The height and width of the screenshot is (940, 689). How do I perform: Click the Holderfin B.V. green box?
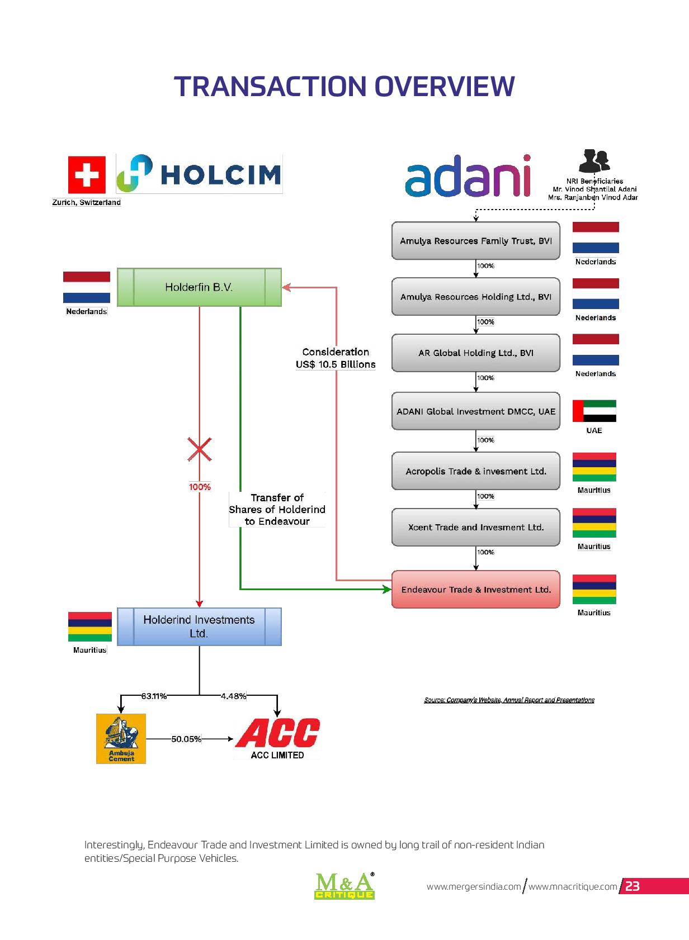click(199, 287)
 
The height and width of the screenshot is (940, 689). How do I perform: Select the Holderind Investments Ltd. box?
click(199, 626)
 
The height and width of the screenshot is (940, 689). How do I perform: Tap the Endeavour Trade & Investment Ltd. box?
click(476, 589)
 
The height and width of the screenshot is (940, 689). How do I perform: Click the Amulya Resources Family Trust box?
click(476, 241)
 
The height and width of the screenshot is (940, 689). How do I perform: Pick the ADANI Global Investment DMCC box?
click(476, 411)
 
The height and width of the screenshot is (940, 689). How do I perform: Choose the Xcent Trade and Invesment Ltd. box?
click(476, 527)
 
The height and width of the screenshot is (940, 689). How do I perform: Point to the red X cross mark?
click(200, 449)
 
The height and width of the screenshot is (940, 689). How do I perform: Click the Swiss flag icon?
click(87, 174)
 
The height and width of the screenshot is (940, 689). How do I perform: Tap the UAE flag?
click(594, 411)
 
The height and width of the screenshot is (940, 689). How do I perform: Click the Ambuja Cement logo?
click(121, 739)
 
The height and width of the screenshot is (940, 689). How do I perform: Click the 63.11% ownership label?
click(154, 696)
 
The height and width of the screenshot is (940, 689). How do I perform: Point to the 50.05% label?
click(186, 739)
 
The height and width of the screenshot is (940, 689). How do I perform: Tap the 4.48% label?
click(233, 696)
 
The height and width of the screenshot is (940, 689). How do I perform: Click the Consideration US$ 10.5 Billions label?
click(336, 358)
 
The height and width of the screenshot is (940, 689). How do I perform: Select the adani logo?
click(468, 176)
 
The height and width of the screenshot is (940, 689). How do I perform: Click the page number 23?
click(633, 886)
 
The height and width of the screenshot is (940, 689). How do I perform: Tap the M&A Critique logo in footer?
click(344, 885)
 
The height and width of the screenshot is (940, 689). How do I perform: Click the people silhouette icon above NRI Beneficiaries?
click(594, 161)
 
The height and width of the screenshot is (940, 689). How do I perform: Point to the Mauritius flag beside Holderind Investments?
click(90, 626)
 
